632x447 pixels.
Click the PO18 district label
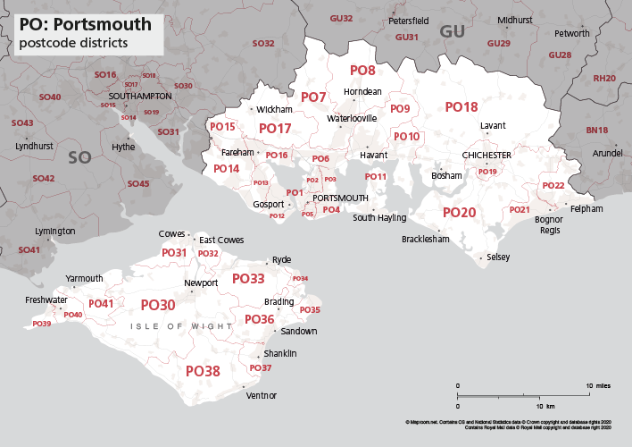462,107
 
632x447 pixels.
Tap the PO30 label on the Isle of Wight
158,305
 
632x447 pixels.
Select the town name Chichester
486,156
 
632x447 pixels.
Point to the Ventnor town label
261,395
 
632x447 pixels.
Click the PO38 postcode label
203,370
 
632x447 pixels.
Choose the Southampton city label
139,96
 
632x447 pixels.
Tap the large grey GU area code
453,32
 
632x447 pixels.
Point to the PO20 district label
460,213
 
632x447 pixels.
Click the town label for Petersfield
408,20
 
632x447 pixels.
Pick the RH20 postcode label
604,79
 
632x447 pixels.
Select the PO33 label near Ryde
248,279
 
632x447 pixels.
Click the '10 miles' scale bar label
598,385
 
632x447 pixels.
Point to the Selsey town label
497,257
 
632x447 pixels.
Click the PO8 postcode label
362,70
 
